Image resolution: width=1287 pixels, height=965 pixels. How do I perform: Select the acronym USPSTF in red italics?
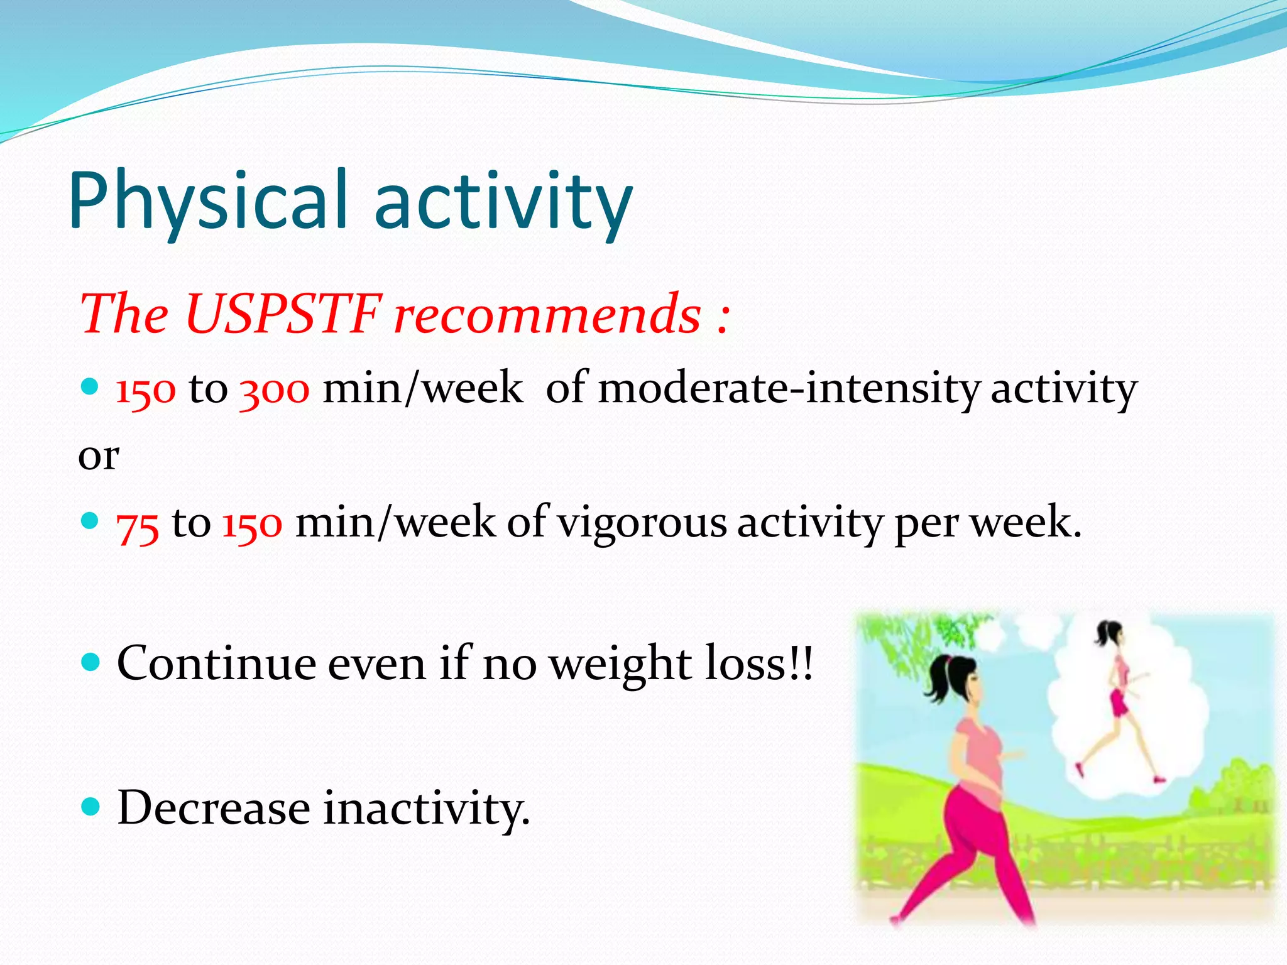(283, 313)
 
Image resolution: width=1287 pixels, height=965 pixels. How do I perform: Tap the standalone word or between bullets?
(98, 456)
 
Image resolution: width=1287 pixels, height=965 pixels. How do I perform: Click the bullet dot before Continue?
(91, 662)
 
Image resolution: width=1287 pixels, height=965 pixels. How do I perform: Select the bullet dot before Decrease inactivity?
(91, 806)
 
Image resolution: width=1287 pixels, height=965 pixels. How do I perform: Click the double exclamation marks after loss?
(801, 663)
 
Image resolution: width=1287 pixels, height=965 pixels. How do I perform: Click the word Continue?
(216, 663)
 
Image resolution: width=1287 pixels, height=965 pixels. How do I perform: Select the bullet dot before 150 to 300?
(91, 386)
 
